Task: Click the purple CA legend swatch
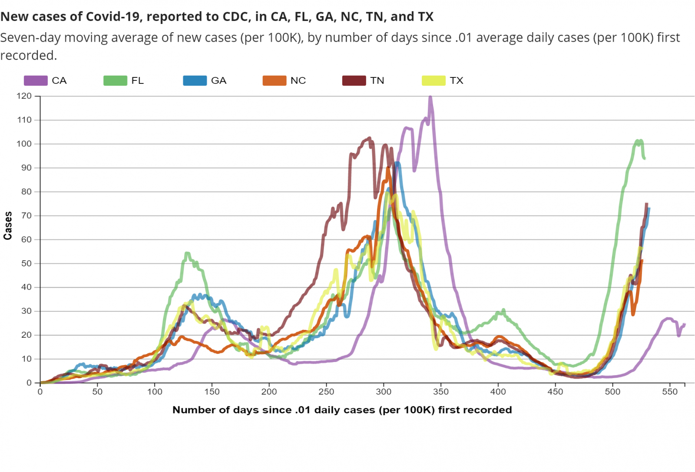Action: point(36,80)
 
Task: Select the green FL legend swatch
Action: point(115,80)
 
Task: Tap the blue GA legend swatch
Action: point(195,80)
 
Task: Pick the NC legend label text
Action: point(298,80)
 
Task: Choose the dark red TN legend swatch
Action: point(354,80)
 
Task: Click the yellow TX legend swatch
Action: point(434,80)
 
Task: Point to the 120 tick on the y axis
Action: point(24,96)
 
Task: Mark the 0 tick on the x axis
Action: point(40,392)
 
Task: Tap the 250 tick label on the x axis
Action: point(326,392)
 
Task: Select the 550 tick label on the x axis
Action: point(670,392)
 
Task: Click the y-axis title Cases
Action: point(7,226)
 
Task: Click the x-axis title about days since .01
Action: point(342,410)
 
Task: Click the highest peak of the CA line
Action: point(430,97)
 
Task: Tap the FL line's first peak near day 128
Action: point(187,253)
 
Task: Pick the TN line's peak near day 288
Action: point(370,138)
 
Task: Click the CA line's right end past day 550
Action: point(685,324)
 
